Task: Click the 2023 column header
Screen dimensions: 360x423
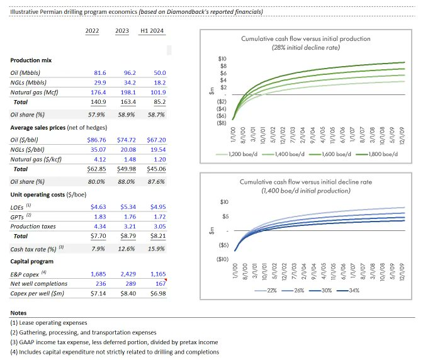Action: coord(123,30)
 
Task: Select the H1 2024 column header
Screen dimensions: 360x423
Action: coord(154,30)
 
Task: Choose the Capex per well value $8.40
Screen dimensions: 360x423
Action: coord(125,295)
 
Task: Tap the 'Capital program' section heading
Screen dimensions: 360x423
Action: coord(31,261)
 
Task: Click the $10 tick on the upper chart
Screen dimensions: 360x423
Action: coord(222,59)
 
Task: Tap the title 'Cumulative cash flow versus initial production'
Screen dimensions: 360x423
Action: coord(306,39)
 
